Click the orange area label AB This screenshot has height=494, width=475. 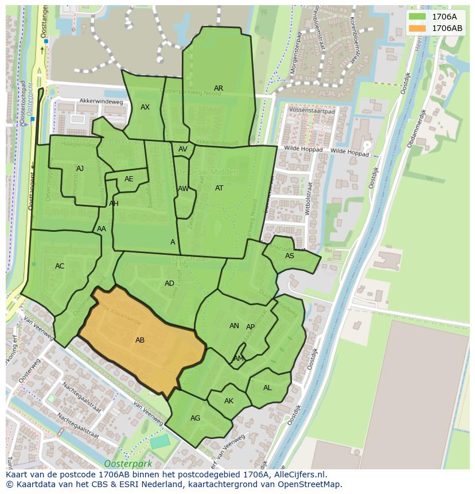140,340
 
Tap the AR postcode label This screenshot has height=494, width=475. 219,88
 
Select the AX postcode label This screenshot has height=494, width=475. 145,107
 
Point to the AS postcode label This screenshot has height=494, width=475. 290,256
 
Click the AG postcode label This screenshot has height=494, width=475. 195,418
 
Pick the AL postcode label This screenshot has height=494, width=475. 267,388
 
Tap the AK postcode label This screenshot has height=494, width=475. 229,401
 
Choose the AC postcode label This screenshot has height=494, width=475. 60,266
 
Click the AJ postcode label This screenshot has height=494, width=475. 80,169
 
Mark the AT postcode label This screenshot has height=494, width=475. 219,188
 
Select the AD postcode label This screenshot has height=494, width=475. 169,283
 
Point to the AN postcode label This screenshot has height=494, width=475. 234,326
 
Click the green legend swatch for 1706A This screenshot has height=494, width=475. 418,17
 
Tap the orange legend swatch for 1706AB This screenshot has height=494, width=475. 418,28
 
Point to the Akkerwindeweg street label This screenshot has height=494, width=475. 102,102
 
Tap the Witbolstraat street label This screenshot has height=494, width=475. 308,199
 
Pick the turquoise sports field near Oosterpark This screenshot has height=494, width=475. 160,442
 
